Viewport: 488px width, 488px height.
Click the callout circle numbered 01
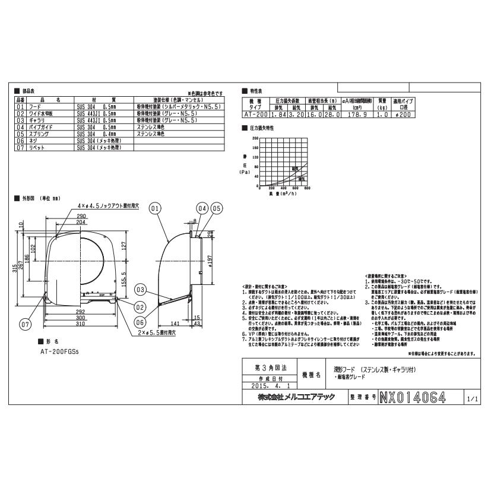point(155,208)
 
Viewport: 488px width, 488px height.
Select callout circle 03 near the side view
point(140,290)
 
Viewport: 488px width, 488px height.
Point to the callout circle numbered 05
point(216,208)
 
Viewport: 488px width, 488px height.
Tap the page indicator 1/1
point(471,398)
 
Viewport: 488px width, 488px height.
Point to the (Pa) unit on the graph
point(245,172)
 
